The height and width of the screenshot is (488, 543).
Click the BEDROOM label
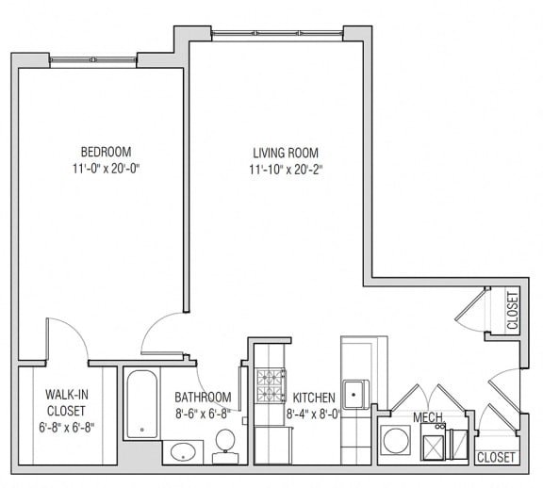[x=106, y=152]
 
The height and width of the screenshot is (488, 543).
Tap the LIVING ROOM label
[x=284, y=153]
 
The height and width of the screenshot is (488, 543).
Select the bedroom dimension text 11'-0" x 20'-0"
[x=106, y=170]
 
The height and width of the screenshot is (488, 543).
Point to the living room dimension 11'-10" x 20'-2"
[x=284, y=171]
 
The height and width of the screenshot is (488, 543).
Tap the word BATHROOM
[x=203, y=398]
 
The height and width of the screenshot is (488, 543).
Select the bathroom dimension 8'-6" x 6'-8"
[x=203, y=413]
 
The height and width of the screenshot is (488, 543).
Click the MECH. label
[x=428, y=417]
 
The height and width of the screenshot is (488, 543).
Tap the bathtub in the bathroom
[x=142, y=403]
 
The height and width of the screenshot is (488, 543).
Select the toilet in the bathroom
[x=225, y=445]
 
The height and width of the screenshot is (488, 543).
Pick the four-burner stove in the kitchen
[x=271, y=385]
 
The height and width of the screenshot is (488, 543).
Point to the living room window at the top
[x=276, y=35]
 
